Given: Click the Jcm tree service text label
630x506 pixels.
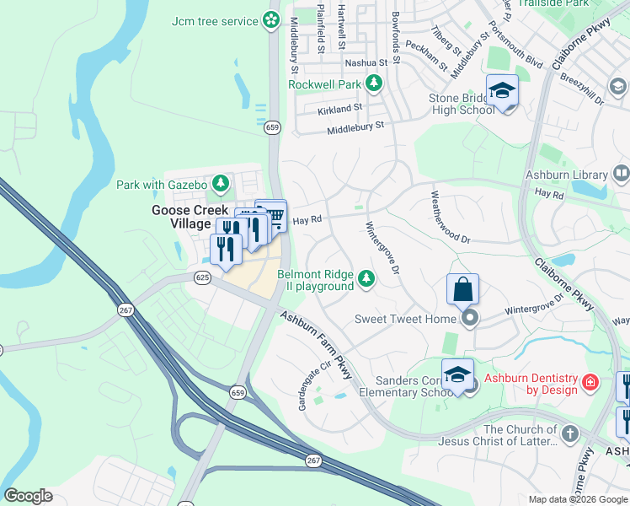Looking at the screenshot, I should [214, 21].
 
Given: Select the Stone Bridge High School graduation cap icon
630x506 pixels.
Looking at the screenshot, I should [502, 91].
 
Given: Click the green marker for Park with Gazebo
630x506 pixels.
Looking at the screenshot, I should [220, 183].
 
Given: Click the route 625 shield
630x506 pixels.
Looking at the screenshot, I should [202, 276].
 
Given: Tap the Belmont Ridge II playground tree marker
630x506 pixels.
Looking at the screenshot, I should [366, 277].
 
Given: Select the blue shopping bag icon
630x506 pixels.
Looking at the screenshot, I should [462, 289].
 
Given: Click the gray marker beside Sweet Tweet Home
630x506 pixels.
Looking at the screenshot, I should [470, 318].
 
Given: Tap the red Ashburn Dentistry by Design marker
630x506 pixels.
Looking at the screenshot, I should [590, 383].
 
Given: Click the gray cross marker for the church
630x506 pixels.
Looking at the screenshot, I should [570, 434].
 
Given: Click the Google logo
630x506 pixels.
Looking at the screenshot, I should [28, 496].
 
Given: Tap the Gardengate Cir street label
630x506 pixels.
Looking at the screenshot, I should [311, 386].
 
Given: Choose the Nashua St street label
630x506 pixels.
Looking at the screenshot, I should [366, 62].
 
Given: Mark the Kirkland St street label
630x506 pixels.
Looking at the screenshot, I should [339, 108].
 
